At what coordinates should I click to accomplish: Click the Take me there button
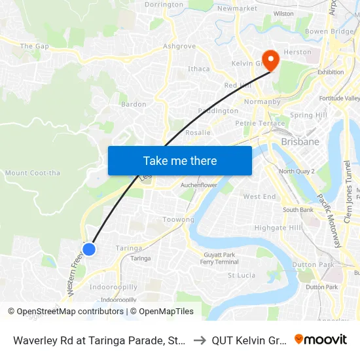(x=180, y=160)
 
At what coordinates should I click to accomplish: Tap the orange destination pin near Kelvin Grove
(x=270, y=60)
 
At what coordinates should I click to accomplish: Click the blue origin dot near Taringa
(x=89, y=249)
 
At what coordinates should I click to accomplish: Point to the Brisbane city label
(x=300, y=141)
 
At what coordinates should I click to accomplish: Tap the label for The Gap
(x=35, y=46)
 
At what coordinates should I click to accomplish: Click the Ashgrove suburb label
(x=179, y=46)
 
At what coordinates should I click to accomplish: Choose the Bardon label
(x=134, y=104)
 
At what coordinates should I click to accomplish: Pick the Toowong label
(x=178, y=220)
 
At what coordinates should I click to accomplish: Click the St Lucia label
(x=242, y=276)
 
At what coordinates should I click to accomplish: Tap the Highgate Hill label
(x=278, y=228)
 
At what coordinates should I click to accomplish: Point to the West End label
(x=260, y=196)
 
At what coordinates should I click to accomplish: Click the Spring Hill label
(x=308, y=115)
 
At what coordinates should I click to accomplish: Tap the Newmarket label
(x=237, y=9)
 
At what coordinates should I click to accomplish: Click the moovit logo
(x=321, y=339)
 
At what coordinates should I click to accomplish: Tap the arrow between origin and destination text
(x=198, y=340)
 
